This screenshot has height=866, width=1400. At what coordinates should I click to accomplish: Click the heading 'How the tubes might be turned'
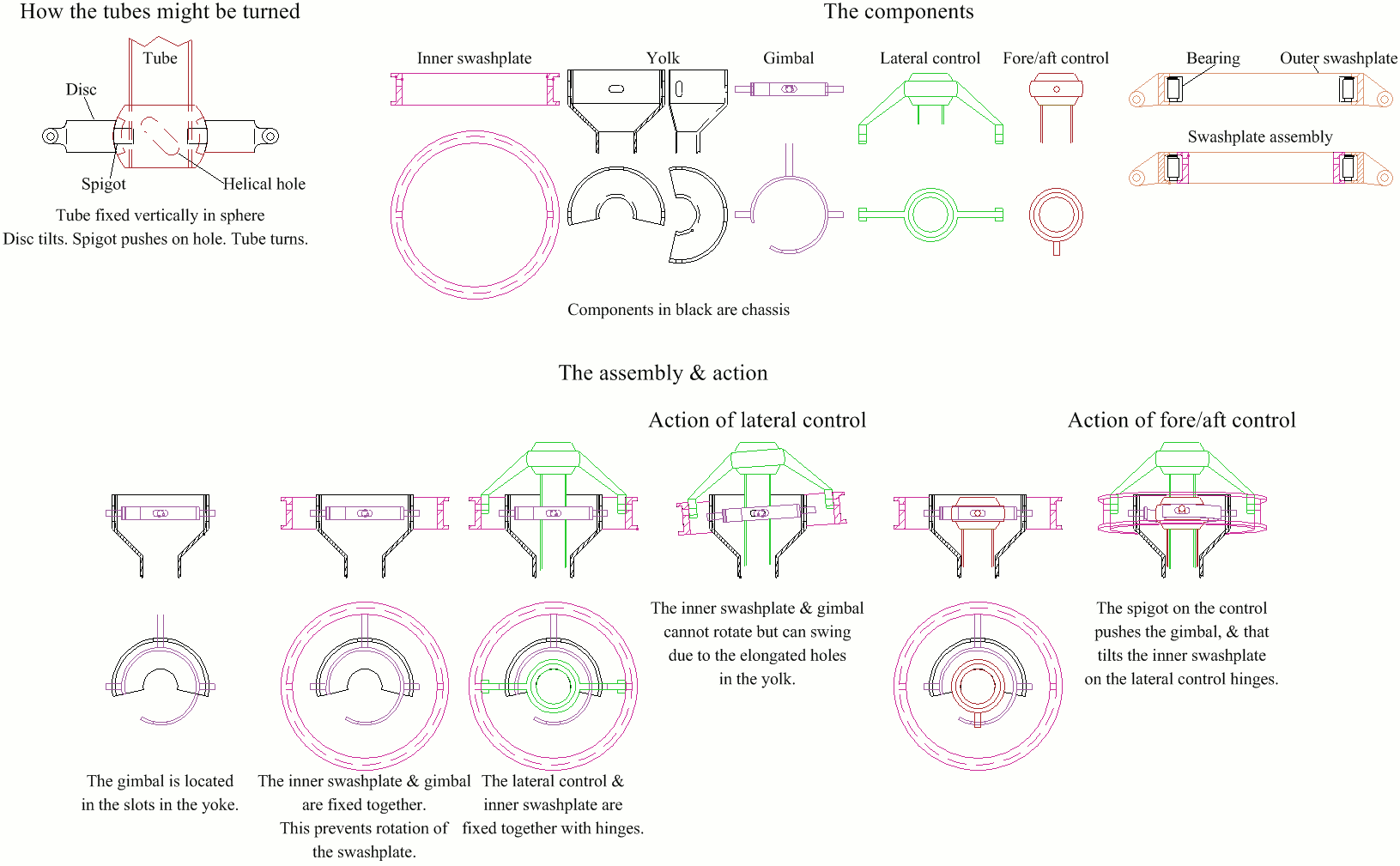coord(160,12)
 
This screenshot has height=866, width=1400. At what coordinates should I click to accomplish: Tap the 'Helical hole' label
coord(264,184)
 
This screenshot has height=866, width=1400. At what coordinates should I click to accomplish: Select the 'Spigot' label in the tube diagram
coord(103,184)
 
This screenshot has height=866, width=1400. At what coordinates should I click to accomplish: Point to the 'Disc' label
coord(81,89)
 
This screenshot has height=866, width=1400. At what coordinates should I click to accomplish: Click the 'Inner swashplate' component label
coord(474,58)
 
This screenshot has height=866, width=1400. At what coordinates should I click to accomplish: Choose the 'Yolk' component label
coord(663,58)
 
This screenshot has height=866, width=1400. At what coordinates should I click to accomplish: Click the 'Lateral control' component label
coord(930,58)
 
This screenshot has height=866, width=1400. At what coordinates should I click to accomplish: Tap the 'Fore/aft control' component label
coord(1056,58)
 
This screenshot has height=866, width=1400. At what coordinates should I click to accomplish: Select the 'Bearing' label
coord(1213,58)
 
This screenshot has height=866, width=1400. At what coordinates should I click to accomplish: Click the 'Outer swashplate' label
coord(1338,58)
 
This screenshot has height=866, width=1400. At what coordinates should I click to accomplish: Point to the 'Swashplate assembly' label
coord(1260,137)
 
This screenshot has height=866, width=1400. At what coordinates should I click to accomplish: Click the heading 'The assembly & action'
coord(663,373)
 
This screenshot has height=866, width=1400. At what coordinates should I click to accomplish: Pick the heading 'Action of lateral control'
coord(757,421)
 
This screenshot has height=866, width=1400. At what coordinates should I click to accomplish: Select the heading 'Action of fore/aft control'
coord(1181,421)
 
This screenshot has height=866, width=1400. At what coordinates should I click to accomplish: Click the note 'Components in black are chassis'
coord(678,310)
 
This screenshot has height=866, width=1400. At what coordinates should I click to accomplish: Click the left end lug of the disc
coord(52,136)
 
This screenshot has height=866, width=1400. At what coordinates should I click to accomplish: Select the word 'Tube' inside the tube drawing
coord(160,58)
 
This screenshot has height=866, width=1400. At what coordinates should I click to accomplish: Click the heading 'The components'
coord(899,12)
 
